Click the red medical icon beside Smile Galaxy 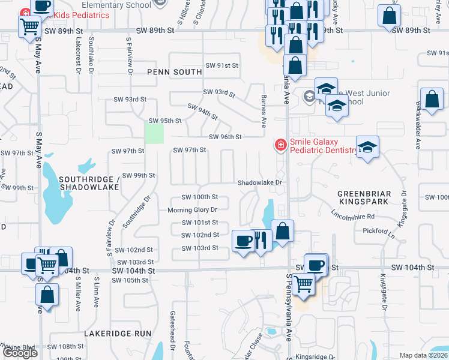pyautogui.click(x=280, y=145)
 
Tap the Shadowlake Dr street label pyautogui.click(x=259, y=182)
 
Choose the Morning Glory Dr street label pyautogui.click(x=192, y=210)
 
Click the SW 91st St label pyautogui.click(x=222, y=65)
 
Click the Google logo pyautogui.click(x=20, y=353)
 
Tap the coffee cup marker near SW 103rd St pyautogui.click(x=243, y=241)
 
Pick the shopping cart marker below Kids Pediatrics pyautogui.click(x=30, y=26)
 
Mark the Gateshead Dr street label pyautogui.click(x=172, y=339)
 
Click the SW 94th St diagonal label pyautogui.click(x=202, y=111)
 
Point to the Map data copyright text pyautogui.click(x=424, y=355)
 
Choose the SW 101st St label pyautogui.click(x=199, y=223)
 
